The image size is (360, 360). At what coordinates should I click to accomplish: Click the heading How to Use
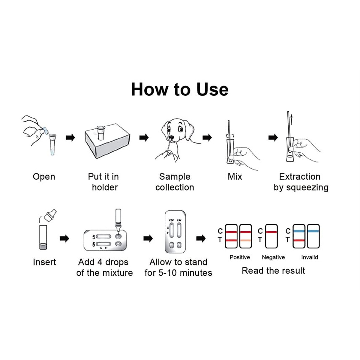[180, 89]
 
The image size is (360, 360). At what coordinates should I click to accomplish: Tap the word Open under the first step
[44, 177]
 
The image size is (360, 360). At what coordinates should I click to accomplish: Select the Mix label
[235, 177]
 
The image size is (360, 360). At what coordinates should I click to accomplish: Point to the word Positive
[240, 257]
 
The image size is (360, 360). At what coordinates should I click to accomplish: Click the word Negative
[273, 257]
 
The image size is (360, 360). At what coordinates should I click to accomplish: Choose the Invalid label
[309, 257]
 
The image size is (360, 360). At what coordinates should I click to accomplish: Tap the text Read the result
[273, 271]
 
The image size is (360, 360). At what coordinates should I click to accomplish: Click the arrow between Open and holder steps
[70, 138]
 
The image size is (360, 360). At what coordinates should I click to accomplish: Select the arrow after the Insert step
[64, 238]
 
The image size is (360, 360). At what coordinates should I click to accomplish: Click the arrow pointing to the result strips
[201, 238]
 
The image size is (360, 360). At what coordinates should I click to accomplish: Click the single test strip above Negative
[271, 236]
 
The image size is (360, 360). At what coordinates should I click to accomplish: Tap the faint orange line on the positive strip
[246, 241]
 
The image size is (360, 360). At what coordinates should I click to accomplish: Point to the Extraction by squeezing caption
[301, 182]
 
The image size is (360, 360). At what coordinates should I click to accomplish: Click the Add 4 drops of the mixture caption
[104, 267]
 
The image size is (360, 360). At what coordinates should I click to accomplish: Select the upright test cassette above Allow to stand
[175, 232]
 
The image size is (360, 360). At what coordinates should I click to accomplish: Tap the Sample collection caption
[175, 182]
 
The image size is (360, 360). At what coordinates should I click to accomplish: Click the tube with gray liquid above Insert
[43, 238]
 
